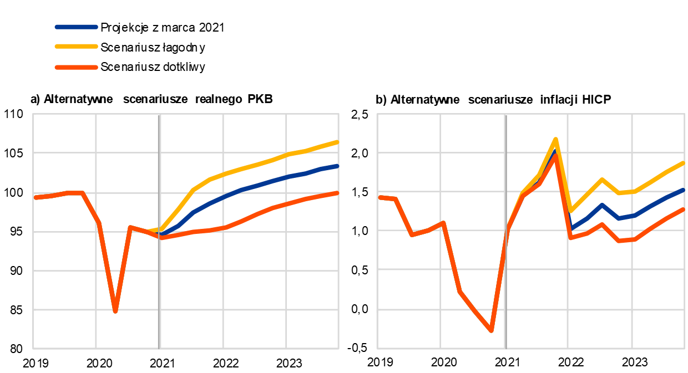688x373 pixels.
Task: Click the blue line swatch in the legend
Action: [77, 27]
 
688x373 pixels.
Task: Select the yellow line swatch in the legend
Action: [77, 47]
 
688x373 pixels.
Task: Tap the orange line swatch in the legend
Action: [77, 67]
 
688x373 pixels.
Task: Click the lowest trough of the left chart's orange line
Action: [115, 311]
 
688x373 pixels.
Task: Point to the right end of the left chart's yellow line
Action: [337, 142]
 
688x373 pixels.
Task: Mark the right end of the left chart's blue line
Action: [337, 166]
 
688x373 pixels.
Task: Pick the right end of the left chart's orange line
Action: [337, 193]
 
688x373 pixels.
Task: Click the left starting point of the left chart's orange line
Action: [35, 197]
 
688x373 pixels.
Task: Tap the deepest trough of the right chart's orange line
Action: [491, 331]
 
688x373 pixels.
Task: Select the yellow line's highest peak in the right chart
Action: [555, 139]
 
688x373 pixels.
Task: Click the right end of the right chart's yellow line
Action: [683, 163]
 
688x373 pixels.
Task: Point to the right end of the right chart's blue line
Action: [683, 190]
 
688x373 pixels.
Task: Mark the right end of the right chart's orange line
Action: [683, 210]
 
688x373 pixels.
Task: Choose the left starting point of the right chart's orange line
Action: [380, 197]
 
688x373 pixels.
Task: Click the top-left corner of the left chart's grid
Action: [33, 114]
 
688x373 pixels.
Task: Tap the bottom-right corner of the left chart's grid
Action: [338, 349]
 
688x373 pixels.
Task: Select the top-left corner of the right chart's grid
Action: [377, 114]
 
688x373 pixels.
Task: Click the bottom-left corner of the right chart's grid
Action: [377, 349]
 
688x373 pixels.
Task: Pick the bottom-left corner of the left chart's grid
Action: [33, 349]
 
